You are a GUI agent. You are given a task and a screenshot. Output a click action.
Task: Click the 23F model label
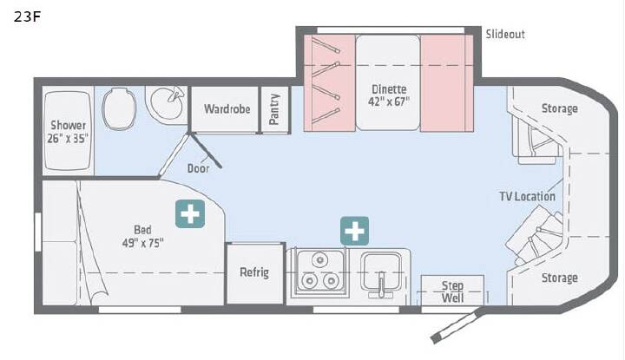(x=27, y=16)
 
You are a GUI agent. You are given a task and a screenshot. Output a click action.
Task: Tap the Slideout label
(x=505, y=34)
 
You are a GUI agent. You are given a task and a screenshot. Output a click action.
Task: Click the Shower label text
(x=69, y=125)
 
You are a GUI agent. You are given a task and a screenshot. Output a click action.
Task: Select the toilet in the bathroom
(x=119, y=108)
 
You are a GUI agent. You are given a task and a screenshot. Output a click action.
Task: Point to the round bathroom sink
(x=166, y=102)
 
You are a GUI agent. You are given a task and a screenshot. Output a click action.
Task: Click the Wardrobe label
(x=227, y=108)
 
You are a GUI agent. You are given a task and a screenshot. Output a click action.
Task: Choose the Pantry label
(x=273, y=109)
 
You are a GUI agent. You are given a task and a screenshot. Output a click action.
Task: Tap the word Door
(x=198, y=168)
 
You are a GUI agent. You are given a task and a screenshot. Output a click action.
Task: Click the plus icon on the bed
(x=190, y=214)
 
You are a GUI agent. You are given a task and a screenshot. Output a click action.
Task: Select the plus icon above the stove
(x=354, y=231)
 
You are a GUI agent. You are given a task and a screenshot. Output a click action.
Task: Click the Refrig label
(x=254, y=272)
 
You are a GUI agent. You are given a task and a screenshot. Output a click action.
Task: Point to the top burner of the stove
(x=319, y=260)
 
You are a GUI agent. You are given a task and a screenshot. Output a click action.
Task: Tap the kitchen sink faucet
(x=381, y=285)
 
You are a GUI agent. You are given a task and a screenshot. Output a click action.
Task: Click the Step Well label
(x=452, y=291)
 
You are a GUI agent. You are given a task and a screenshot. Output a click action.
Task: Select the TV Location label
(x=527, y=196)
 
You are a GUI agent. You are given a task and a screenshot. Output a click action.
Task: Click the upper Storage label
(x=559, y=108)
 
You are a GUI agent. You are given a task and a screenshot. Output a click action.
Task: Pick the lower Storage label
(x=559, y=278)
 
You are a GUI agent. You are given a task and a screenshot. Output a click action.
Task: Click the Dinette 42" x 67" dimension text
(x=389, y=101)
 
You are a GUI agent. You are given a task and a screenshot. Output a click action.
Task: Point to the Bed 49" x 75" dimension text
(x=142, y=243)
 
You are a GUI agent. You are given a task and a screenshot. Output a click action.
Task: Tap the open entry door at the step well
(x=457, y=326)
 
